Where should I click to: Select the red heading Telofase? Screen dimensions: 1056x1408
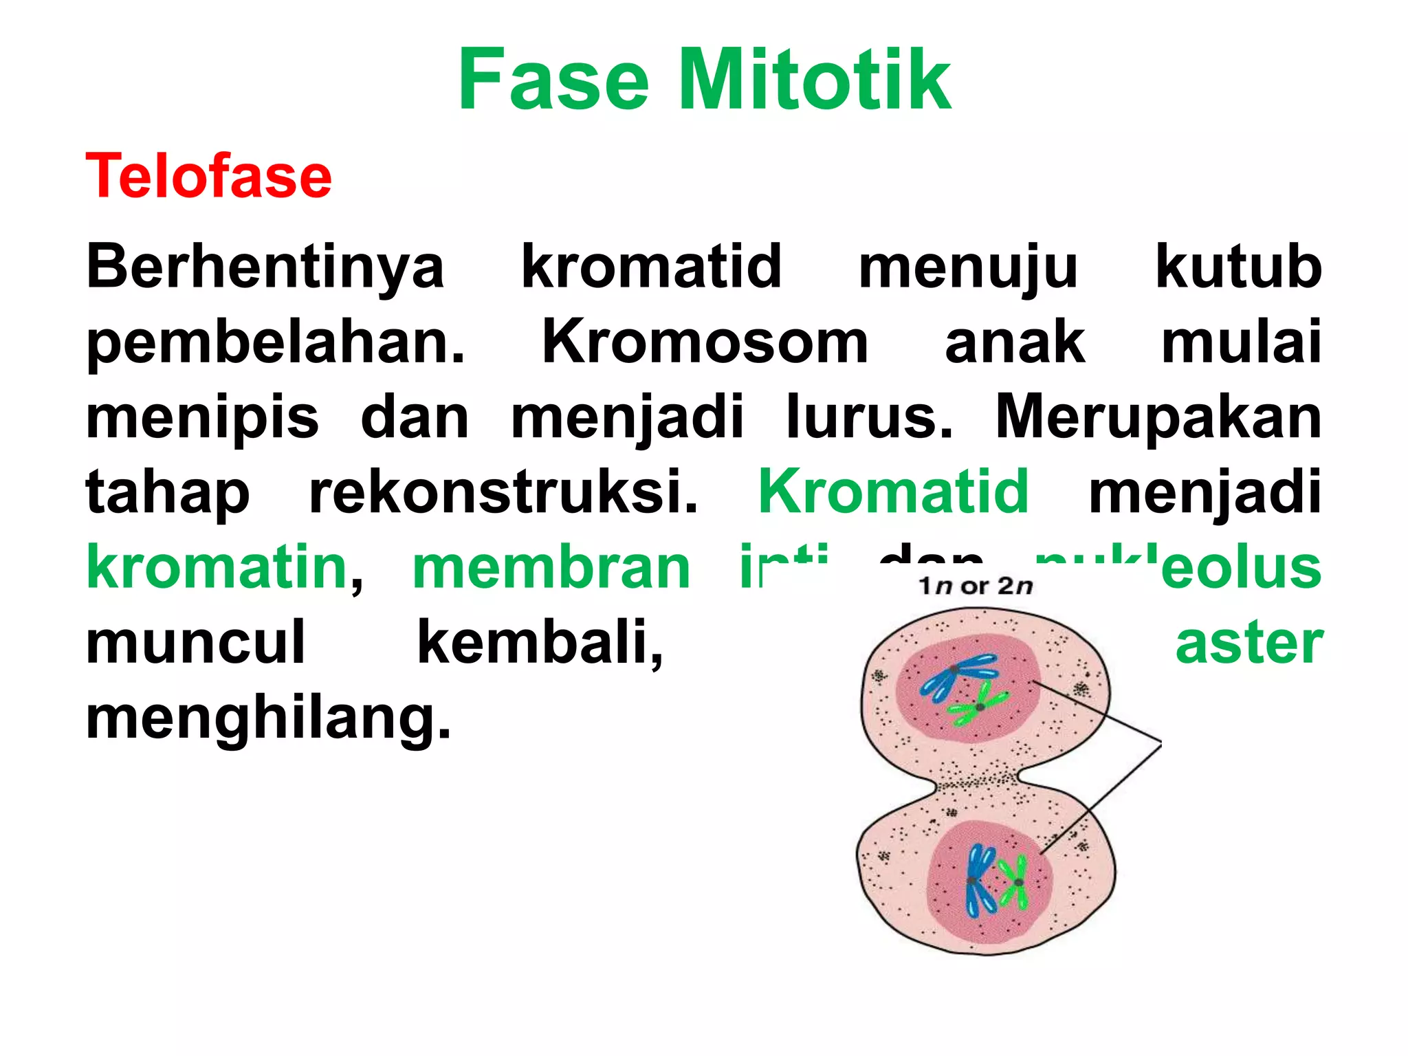[x=209, y=176]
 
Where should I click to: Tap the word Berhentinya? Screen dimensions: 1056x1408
[x=265, y=267]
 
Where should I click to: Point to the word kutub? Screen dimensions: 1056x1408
[x=1238, y=267]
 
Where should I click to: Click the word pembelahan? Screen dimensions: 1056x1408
[x=275, y=342]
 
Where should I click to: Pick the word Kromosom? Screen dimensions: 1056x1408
[x=705, y=342]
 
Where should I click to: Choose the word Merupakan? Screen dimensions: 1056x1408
[x=1158, y=417]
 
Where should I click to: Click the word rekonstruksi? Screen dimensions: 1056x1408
[x=503, y=492]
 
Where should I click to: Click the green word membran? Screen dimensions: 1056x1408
[x=551, y=568]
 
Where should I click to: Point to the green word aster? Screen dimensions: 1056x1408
[x=1248, y=643]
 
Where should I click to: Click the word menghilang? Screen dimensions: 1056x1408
[x=268, y=718]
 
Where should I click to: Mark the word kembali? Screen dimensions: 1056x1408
[x=540, y=643]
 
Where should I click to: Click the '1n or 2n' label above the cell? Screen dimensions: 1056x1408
[x=976, y=586]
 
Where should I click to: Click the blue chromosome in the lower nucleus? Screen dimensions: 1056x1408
[x=978, y=881]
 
